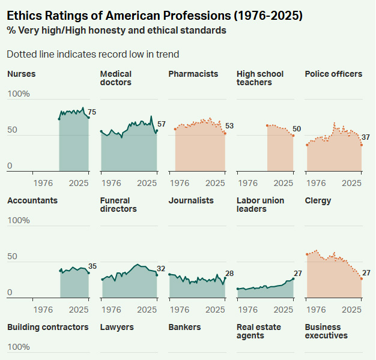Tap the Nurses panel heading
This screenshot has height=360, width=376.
click(x=22, y=74)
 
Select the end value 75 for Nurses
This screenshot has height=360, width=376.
click(x=92, y=112)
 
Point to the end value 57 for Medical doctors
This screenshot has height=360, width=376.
click(x=161, y=124)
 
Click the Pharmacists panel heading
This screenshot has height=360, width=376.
click(x=193, y=74)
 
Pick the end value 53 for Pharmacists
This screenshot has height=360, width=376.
click(x=229, y=125)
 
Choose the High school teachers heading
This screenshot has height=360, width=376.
click(x=260, y=78)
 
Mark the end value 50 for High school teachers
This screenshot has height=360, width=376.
click(x=297, y=130)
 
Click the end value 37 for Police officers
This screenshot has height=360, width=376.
click(x=366, y=137)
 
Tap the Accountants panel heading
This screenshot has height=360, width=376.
click(x=32, y=200)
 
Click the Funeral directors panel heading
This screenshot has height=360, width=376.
click(x=118, y=205)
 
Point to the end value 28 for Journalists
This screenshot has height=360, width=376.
click(x=229, y=274)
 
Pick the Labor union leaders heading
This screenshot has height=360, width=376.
click(x=261, y=205)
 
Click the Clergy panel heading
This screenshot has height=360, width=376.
click(x=318, y=200)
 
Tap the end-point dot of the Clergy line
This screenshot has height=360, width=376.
click(x=362, y=278)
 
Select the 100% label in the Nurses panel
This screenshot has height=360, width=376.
click(x=18, y=94)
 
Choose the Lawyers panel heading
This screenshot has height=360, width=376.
click(x=117, y=327)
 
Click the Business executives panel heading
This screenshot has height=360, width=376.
click(x=326, y=331)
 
